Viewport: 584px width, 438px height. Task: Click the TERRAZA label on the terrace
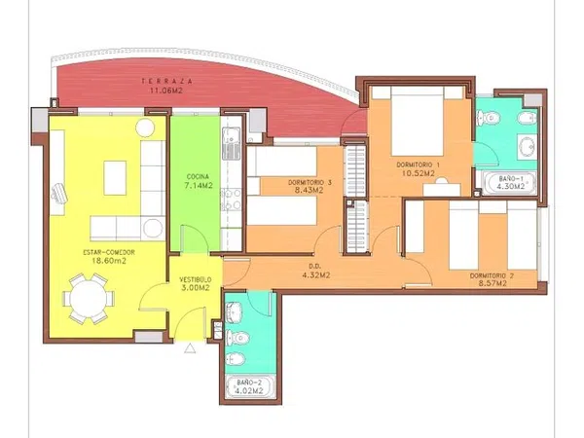(166, 81)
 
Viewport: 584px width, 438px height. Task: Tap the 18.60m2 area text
(109, 261)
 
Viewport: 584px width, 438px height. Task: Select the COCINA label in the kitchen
(198, 176)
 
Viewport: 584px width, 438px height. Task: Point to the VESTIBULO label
(196, 279)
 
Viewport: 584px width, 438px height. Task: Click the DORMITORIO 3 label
(310, 183)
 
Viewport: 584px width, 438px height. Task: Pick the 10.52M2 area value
(419, 173)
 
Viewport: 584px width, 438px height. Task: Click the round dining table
(89, 299)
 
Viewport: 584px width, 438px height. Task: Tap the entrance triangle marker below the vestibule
(190, 348)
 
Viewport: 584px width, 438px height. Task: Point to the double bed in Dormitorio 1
(417, 122)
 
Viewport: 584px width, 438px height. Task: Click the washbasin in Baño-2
(235, 311)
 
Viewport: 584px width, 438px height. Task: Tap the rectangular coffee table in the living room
(115, 178)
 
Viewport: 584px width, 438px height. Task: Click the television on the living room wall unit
(59, 193)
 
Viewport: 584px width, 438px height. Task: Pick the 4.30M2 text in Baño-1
(511, 186)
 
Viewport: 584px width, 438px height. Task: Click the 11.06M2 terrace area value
(166, 91)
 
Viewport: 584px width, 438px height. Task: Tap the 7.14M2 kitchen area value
(199, 185)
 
